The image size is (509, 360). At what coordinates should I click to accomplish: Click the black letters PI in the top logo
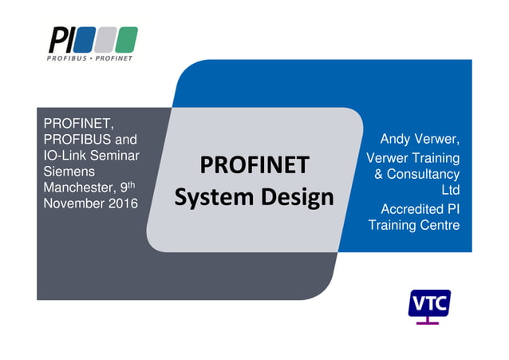tap(61, 38)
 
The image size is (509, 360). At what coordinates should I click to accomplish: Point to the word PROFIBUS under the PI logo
tap(67, 58)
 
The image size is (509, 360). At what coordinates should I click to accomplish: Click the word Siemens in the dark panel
tap(69, 172)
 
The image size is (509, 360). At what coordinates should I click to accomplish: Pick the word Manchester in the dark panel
tap(77, 188)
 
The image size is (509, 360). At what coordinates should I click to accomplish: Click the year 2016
tap(119, 203)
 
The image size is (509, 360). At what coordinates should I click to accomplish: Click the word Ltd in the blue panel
tap(451, 191)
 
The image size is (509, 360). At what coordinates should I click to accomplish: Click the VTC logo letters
tap(429, 303)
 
